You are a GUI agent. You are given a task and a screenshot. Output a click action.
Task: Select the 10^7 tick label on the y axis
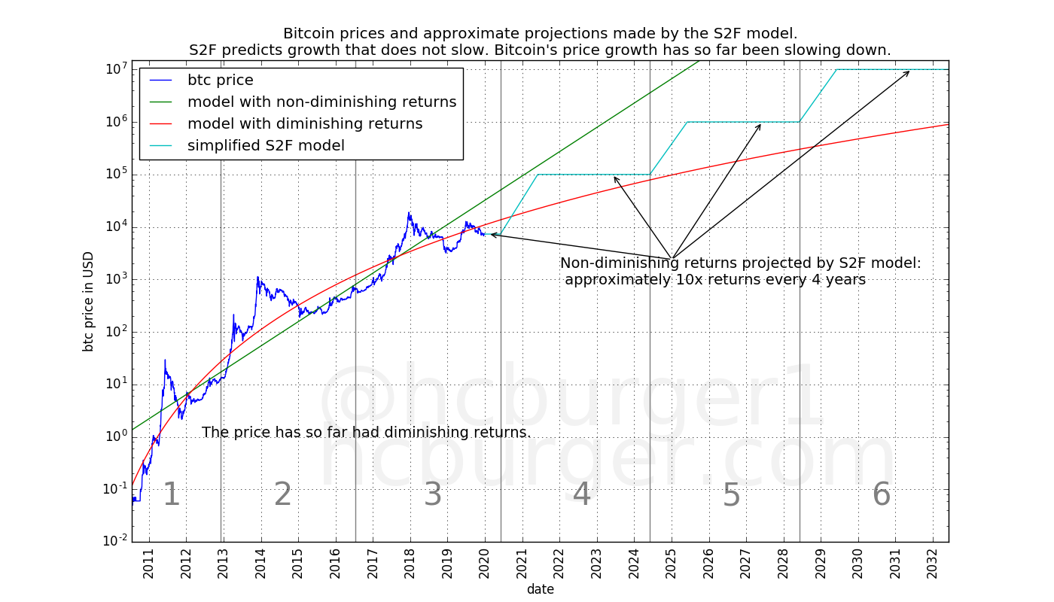[x=116, y=69]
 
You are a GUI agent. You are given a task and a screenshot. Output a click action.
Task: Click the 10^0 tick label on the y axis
[x=116, y=437]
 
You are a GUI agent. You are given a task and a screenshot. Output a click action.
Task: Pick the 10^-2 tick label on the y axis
[x=114, y=542]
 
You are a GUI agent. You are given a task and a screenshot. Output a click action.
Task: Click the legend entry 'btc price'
[x=220, y=81]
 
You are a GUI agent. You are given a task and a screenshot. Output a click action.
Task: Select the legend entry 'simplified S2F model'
[x=266, y=146]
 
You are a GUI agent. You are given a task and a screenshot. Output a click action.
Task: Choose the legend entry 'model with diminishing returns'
[x=305, y=124]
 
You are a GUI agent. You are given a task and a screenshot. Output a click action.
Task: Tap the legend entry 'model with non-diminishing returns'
[x=321, y=102]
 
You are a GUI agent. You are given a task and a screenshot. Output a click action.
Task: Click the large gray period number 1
[x=172, y=495]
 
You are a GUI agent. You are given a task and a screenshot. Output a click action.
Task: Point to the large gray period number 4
[x=582, y=495]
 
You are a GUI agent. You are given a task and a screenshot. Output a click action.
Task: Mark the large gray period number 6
[x=881, y=495]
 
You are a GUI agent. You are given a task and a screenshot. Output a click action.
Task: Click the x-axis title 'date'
[x=541, y=589]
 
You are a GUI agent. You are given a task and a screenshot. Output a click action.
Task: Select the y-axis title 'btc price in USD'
[x=89, y=301]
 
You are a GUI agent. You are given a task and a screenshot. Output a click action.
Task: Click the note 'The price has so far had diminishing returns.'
[x=367, y=433]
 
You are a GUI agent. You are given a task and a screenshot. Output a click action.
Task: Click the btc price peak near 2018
[x=410, y=213]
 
